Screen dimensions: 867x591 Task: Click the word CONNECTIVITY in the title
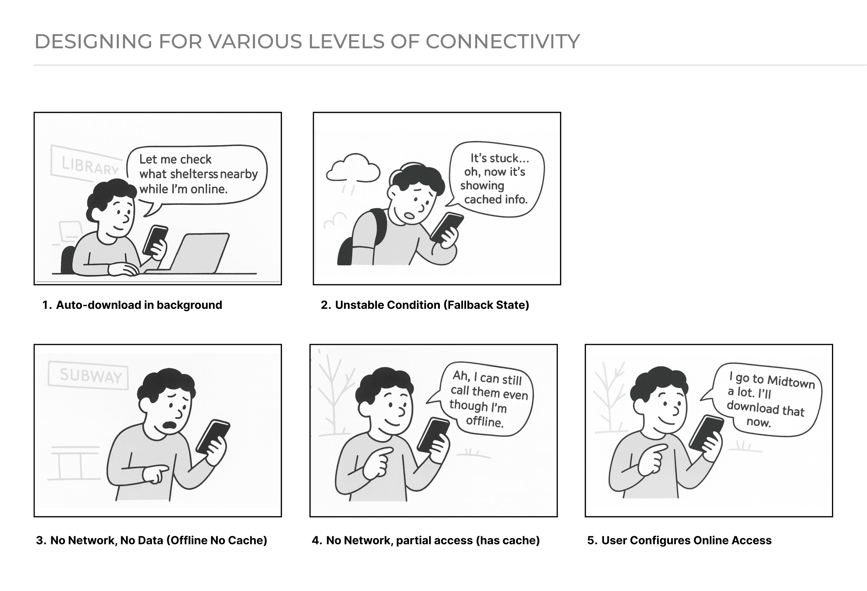click(502, 41)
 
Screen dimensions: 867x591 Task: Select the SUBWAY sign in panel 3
click(88, 376)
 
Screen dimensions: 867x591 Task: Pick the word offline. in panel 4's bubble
click(485, 421)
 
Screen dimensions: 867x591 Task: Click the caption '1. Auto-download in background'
click(132, 305)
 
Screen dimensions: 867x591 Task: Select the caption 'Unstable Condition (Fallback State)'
click(432, 305)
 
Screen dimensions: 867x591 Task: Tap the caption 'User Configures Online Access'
click(686, 540)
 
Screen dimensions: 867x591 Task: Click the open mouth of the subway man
click(171, 426)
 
